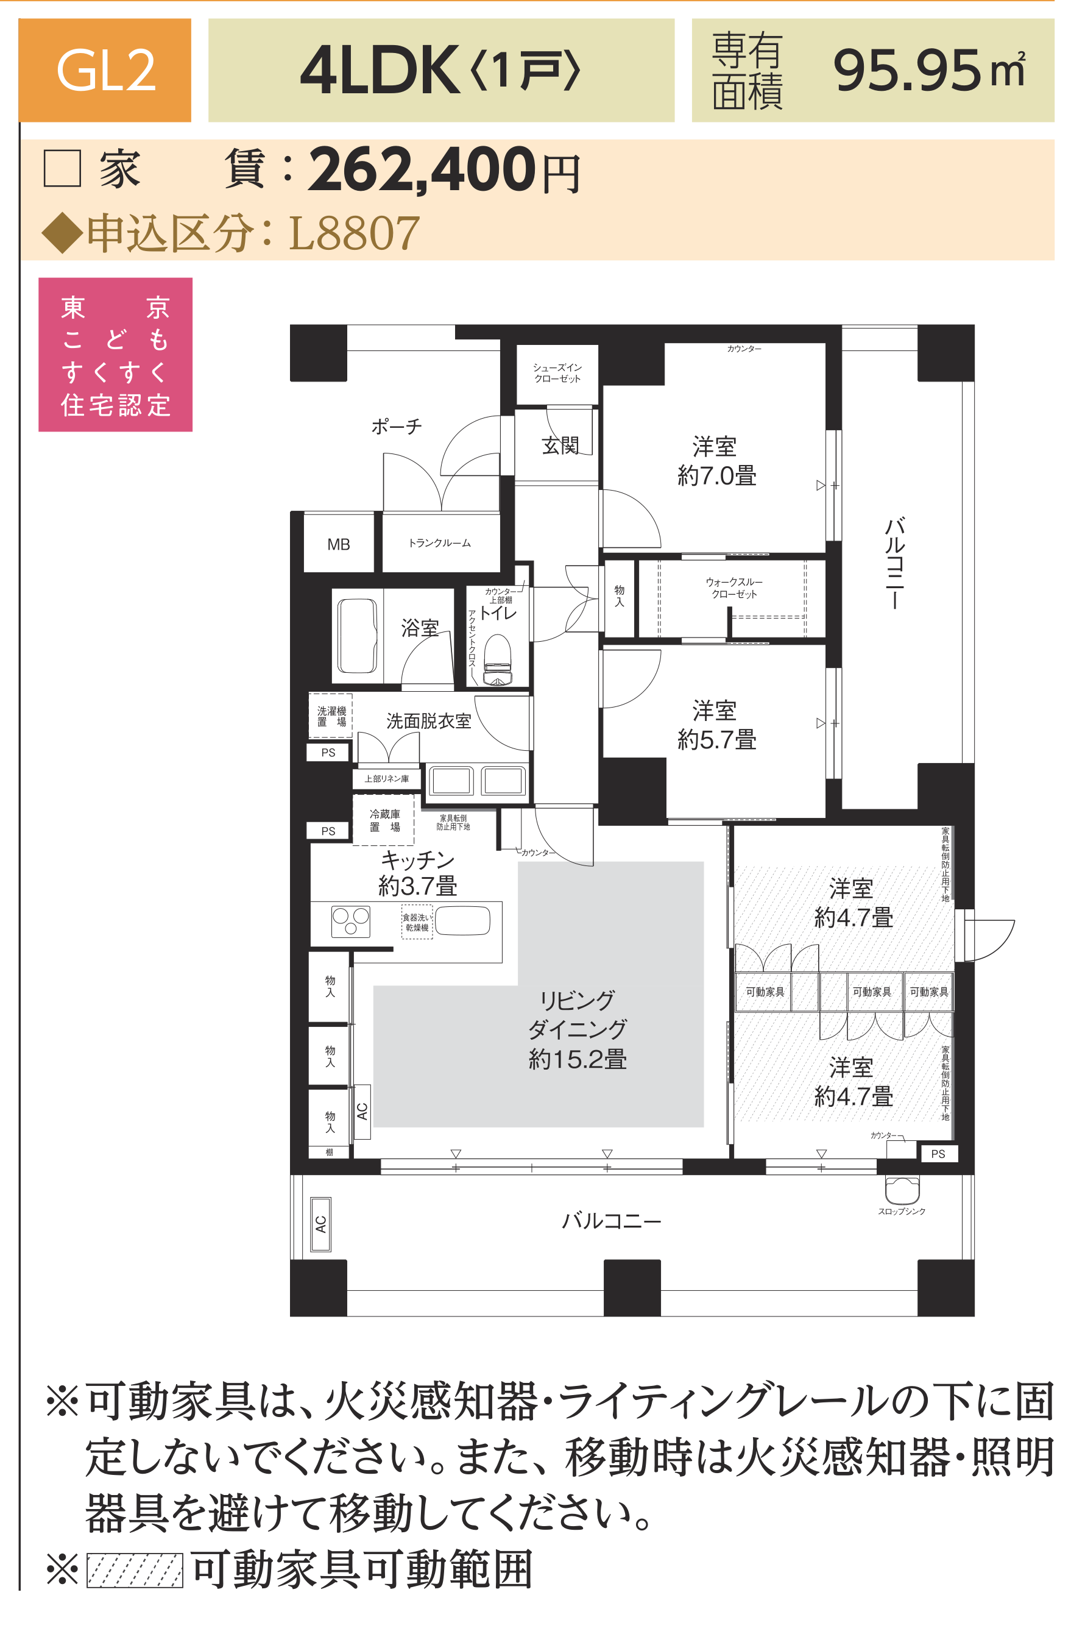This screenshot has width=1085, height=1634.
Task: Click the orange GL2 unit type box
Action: point(105,70)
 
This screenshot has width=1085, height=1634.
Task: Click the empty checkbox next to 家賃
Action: point(62,168)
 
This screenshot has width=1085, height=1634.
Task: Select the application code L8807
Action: point(353,233)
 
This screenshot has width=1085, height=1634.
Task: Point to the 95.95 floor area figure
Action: point(907,71)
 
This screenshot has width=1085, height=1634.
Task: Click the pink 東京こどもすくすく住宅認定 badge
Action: point(116,354)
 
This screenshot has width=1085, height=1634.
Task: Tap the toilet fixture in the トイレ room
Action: point(497,660)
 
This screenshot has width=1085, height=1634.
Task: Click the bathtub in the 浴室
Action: point(358,635)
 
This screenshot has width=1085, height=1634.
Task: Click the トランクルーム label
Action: point(439,543)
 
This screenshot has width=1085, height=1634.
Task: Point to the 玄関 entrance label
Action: point(560,445)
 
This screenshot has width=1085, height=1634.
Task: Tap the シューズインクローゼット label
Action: point(557,373)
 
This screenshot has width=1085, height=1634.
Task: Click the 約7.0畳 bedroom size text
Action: point(716,476)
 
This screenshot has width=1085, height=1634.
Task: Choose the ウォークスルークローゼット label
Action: point(734,588)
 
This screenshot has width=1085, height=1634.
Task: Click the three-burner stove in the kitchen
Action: point(351,921)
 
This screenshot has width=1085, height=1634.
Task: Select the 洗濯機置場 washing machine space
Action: point(331,716)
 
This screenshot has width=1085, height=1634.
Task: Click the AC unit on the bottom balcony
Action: point(320,1224)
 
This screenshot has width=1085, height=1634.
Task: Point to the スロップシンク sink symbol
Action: point(902,1189)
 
